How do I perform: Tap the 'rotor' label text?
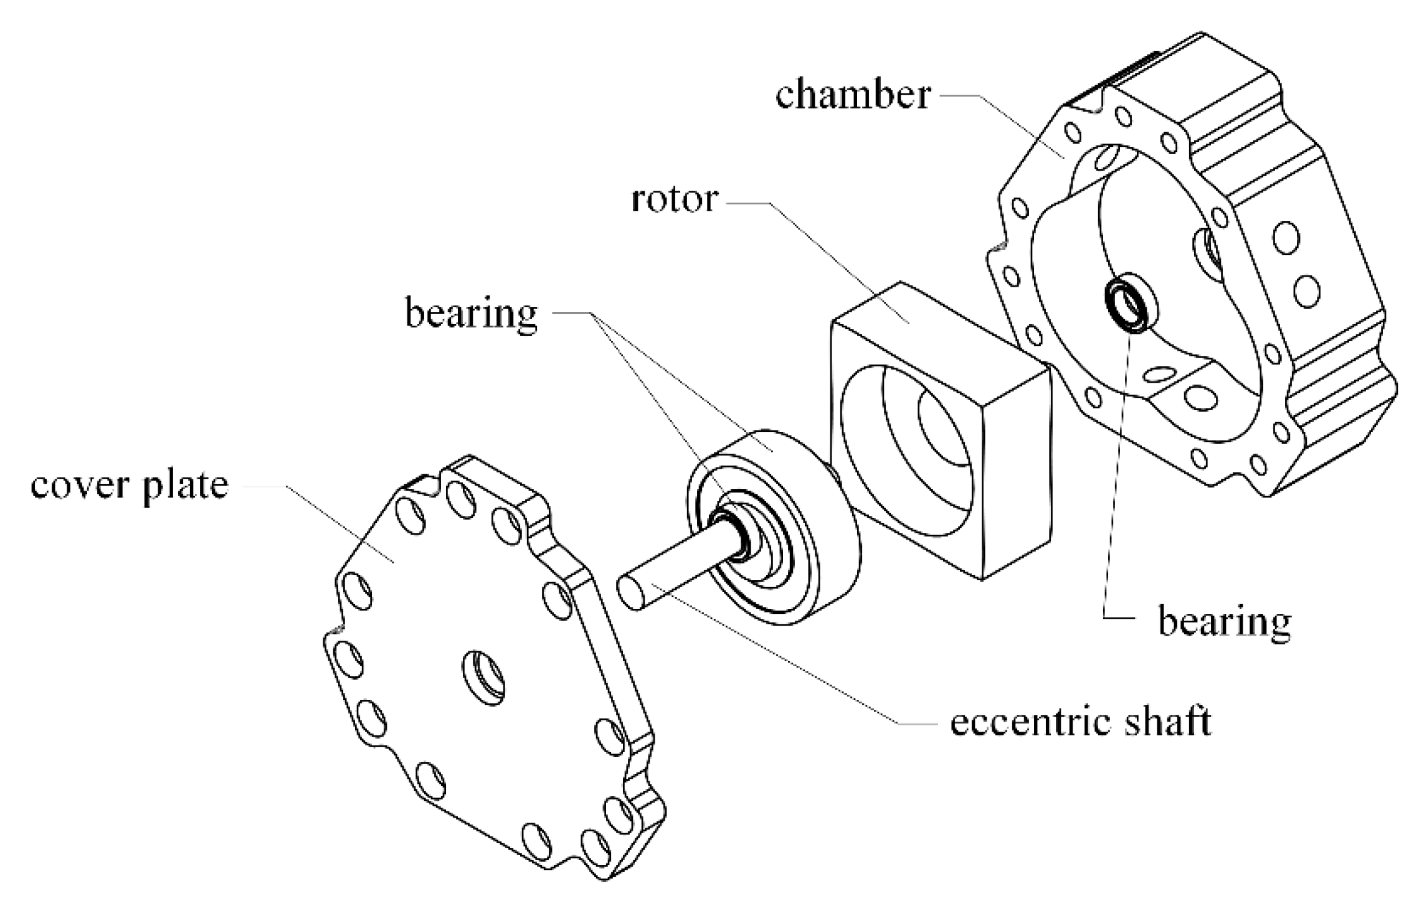(675, 200)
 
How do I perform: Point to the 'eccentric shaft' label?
(1080, 722)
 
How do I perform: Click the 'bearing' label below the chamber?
(1224, 621)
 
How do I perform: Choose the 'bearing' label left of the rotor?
(471, 313)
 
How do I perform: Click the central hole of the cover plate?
(483, 677)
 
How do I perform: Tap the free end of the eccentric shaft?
(632, 594)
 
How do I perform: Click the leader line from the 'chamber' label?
(1022, 125)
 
